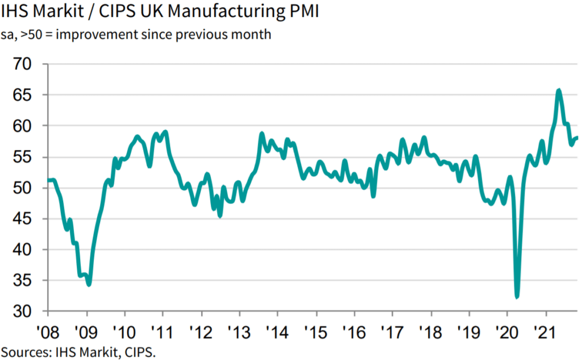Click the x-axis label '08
tap(48, 330)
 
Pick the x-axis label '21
tap(546, 330)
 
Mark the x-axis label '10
tap(124, 330)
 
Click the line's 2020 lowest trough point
tap(517, 296)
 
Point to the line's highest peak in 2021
tap(559, 90)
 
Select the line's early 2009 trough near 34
tap(89, 284)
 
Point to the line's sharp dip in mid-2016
tap(373, 196)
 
